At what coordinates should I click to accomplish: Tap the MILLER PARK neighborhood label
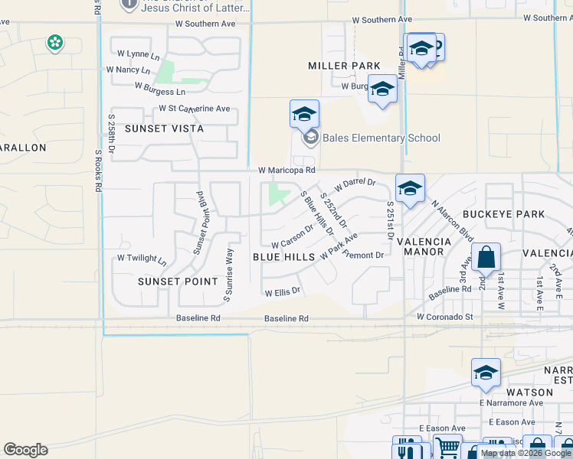[344, 66]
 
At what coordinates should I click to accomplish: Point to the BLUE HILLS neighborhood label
[283, 257]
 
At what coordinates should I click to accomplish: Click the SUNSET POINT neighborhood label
[173, 282]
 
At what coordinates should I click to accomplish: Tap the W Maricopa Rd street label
[286, 170]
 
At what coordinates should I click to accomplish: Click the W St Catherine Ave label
[194, 109]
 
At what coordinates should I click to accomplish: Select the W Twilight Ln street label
[141, 259]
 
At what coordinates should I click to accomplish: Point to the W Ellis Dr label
[283, 292]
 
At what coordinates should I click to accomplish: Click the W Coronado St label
[446, 316]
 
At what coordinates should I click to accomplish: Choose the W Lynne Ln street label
[139, 55]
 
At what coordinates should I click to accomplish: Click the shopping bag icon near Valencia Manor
[486, 258]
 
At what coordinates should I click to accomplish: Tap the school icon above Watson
[486, 373]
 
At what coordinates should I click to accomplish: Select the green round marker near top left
[54, 43]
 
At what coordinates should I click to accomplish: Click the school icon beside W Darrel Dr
[410, 188]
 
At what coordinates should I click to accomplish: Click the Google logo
[25, 450]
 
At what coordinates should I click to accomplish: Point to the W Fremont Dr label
[363, 255]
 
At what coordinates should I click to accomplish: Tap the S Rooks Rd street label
[98, 170]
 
